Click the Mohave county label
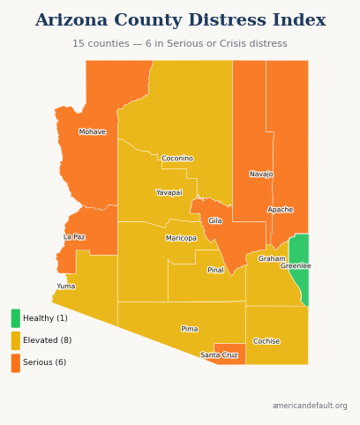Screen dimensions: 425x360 tap(93, 132)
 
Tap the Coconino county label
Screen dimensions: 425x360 tap(177, 159)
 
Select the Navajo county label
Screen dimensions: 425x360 tap(261, 175)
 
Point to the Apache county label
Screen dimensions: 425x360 tap(281, 210)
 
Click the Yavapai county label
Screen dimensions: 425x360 tap(169, 192)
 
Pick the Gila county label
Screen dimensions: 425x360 tap(215, 221)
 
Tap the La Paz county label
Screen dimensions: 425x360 tap(74, 237)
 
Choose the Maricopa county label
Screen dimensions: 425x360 tap(181, 238)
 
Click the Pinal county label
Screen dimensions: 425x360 tap(215, 270)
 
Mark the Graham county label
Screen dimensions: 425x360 tap(272, 259)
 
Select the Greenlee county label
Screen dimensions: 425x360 tap(296, 266)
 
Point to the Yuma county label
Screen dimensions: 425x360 tap(66, 287)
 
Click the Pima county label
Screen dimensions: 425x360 tap(190, 329)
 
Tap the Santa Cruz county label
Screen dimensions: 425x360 tap(219, 355)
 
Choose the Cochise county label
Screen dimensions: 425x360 tap(266, 341)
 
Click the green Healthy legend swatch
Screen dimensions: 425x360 tap(16, 318)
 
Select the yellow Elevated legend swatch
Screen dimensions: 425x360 tap(16, 340)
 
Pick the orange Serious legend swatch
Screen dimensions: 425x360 tap(16, 362)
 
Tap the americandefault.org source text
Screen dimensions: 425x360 tap(310, 406)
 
